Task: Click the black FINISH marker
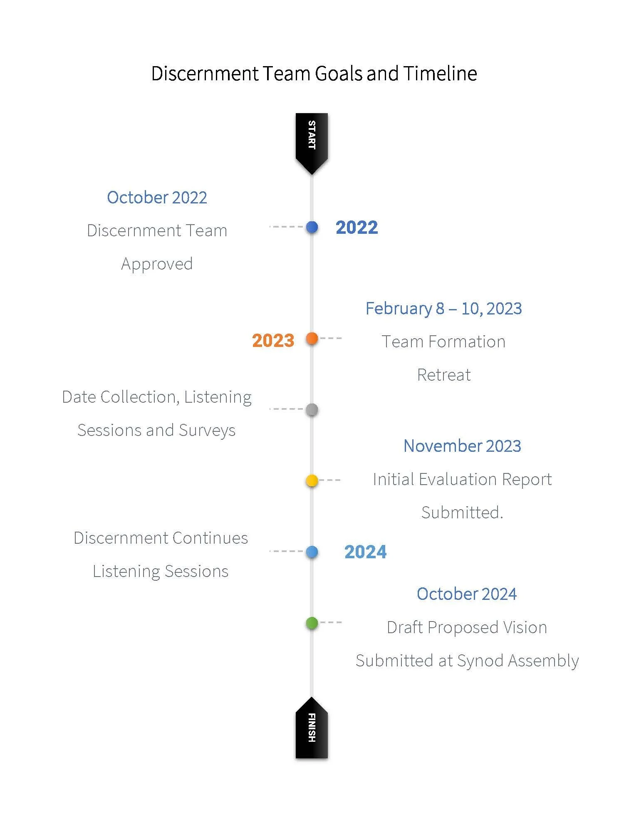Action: [312, 729]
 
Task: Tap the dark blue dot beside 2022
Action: [312, 227]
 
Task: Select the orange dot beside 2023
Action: [312, 339]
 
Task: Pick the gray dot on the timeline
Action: [312, 410]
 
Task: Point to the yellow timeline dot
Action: [312, 481]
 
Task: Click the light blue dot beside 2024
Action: [312, 552]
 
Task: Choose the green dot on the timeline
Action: [312, 623]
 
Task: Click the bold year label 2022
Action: [357, 228]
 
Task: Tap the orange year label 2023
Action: [273, 341]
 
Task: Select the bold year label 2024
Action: [365, 552]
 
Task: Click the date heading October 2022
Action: [157, 198]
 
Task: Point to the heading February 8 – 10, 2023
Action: [443, 309]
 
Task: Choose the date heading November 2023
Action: [462, 446]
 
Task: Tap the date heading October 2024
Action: [467, 594]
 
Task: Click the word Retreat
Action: [444, 375]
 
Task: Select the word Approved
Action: [157, 264]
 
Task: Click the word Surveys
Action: [207, 431]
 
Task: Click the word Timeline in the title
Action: [440, 74]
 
